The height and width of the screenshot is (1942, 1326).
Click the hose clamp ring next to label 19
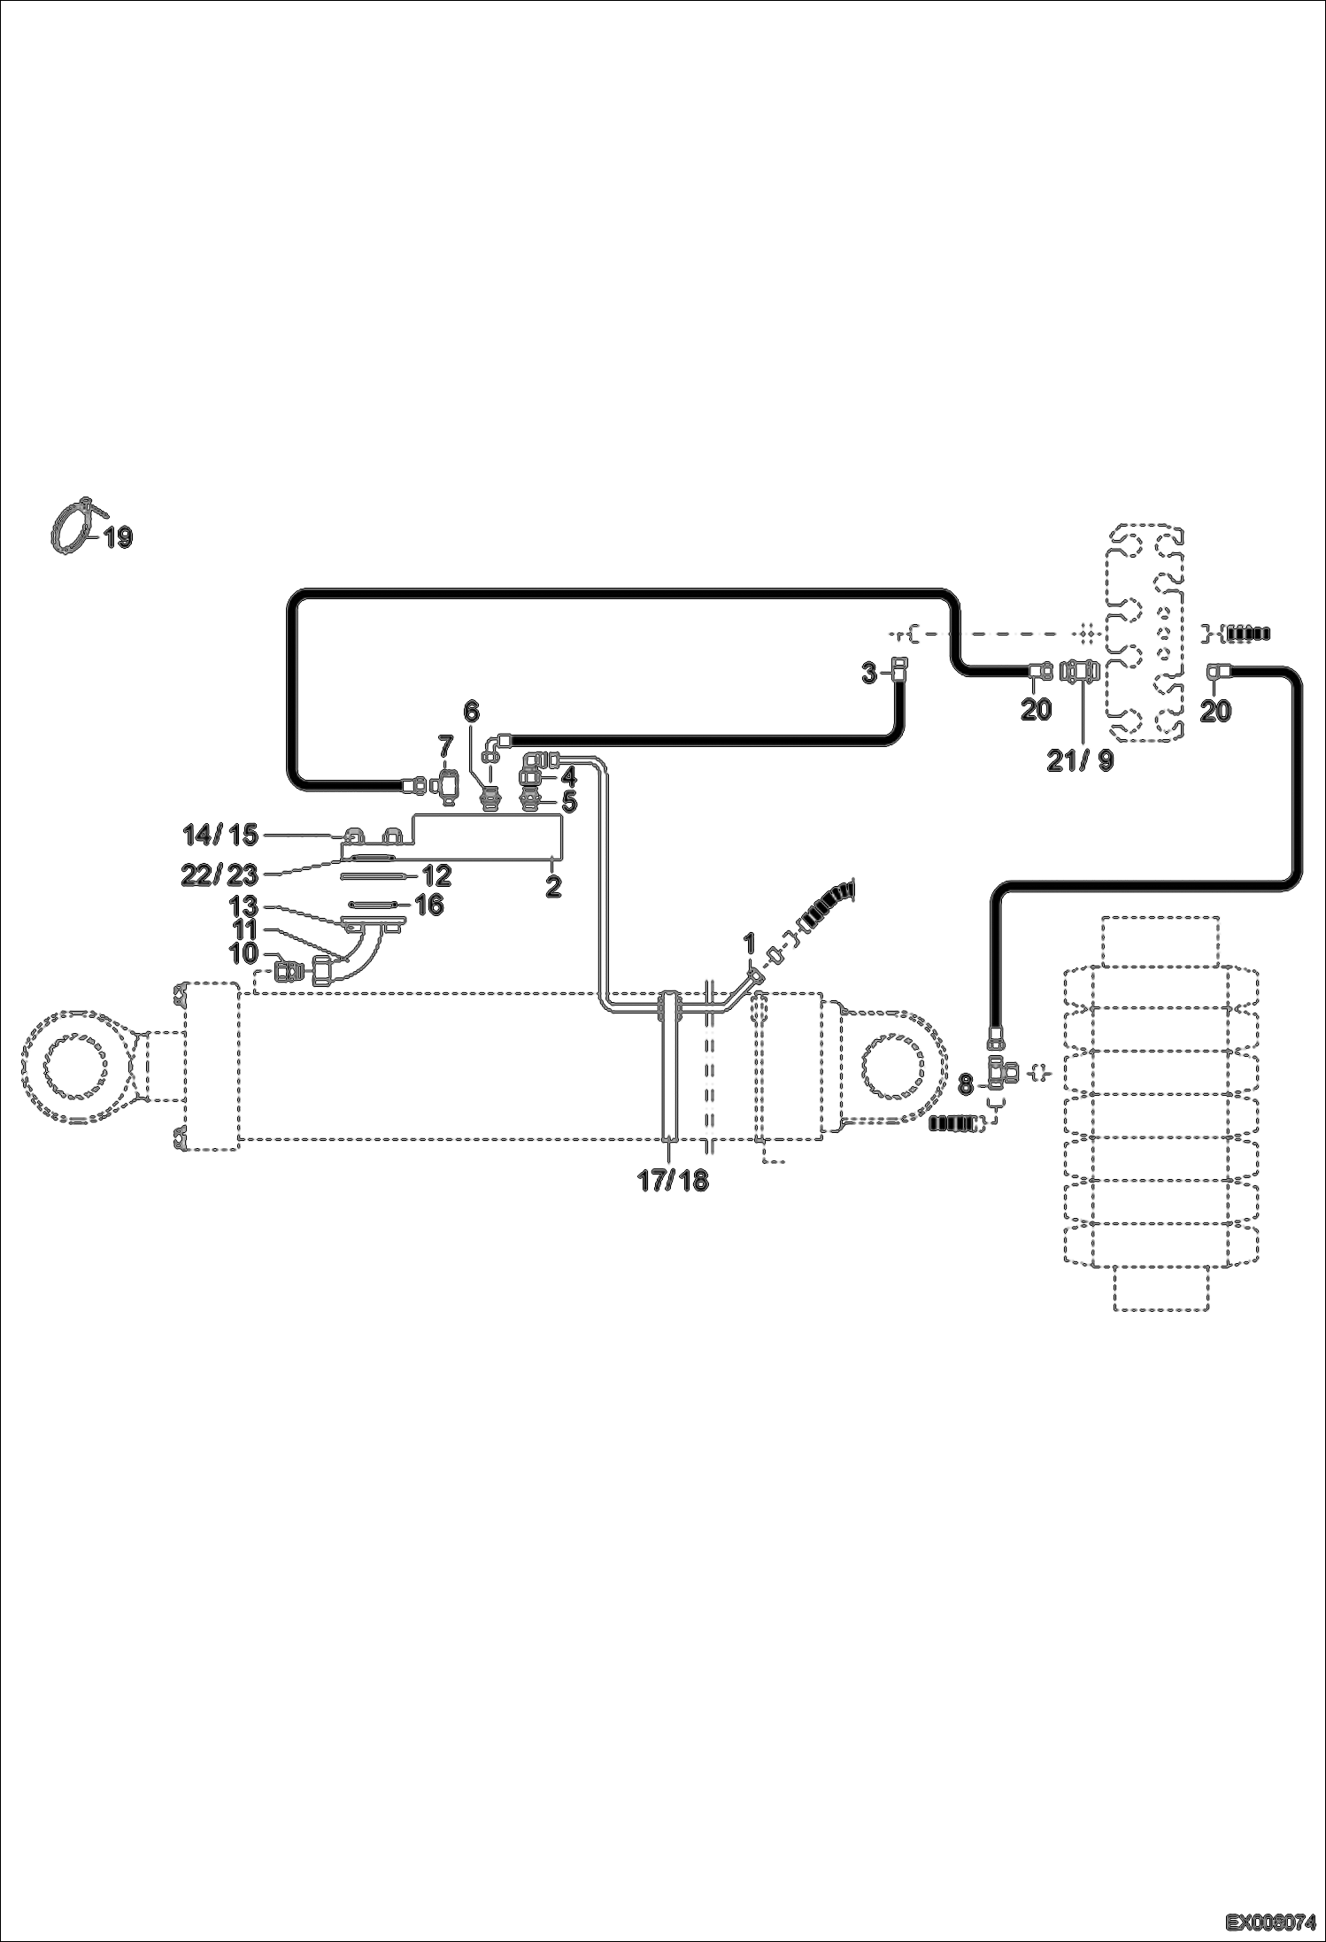[71, 529]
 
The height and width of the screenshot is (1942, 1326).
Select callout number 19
[119, 536]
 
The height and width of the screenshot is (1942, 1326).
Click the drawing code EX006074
[1270, 1922]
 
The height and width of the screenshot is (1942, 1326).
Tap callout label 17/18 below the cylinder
[673, 1181]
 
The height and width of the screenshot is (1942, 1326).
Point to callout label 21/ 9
[1081, 760]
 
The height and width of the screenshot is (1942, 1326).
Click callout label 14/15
[220, 834]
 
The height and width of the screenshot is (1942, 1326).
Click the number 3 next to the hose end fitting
[870, 674]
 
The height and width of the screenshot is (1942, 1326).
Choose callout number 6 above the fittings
[471, 711]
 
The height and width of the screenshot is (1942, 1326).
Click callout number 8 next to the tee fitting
[966, 1083]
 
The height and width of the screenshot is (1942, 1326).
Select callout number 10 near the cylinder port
[244, 953]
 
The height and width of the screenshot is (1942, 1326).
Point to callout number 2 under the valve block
[553, 886]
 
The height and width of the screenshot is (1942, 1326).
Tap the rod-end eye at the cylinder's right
[896, 1063]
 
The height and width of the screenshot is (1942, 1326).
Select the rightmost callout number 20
[1215, 710]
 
